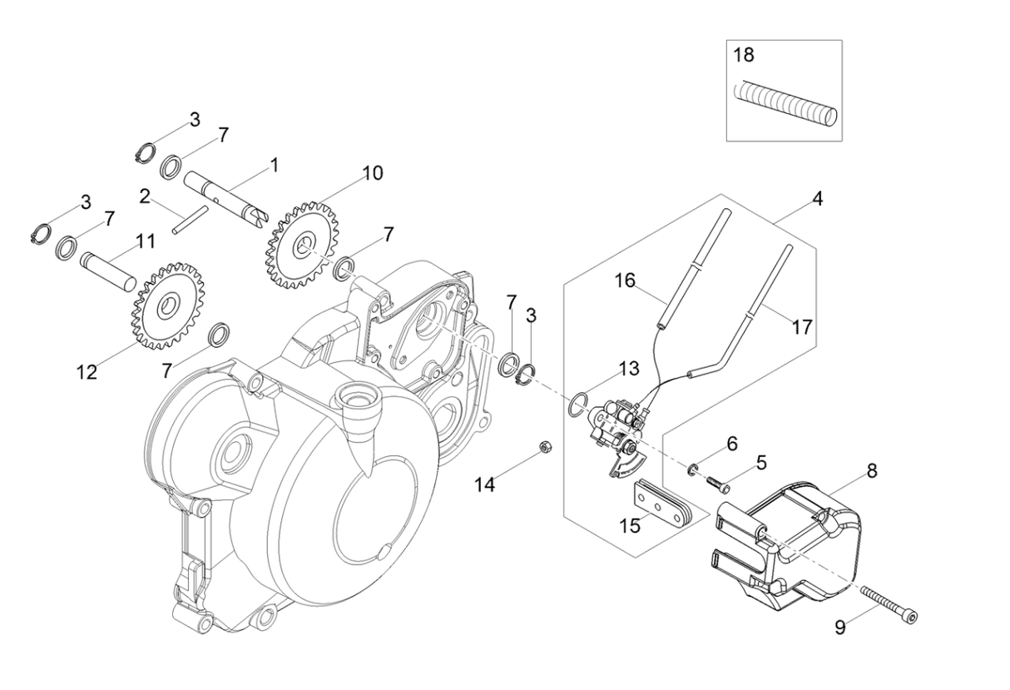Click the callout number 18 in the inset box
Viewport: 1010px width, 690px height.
pyautogui.click(x=744, y=56)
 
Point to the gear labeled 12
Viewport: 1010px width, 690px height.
pyautogui.click(x=170, y=305)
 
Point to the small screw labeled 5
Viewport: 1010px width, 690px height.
pyautogui.click(x=716, y=480)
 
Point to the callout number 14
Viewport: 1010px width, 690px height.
pyautogui.click(x=486, y=484)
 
